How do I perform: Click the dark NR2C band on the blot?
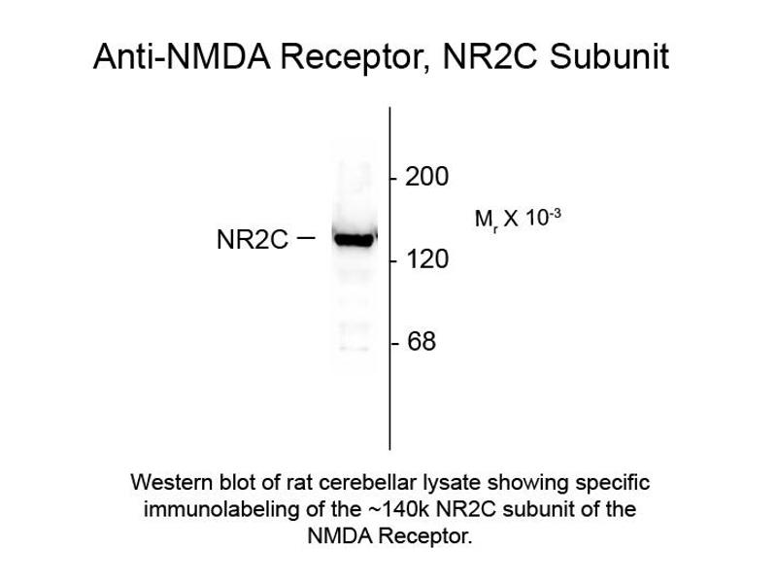[x=354, y=238]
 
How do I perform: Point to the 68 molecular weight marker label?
[x=422, y=343]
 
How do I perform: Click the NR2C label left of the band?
[x=252, y=240]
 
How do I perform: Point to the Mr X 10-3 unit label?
[x=518, y=219]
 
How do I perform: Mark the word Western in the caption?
[x=166, y=483]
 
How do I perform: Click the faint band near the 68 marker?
[x=354, y=346]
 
